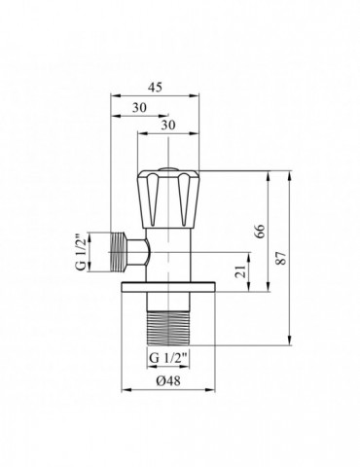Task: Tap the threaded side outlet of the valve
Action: [124, 253]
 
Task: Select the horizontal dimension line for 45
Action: [156, 96]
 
